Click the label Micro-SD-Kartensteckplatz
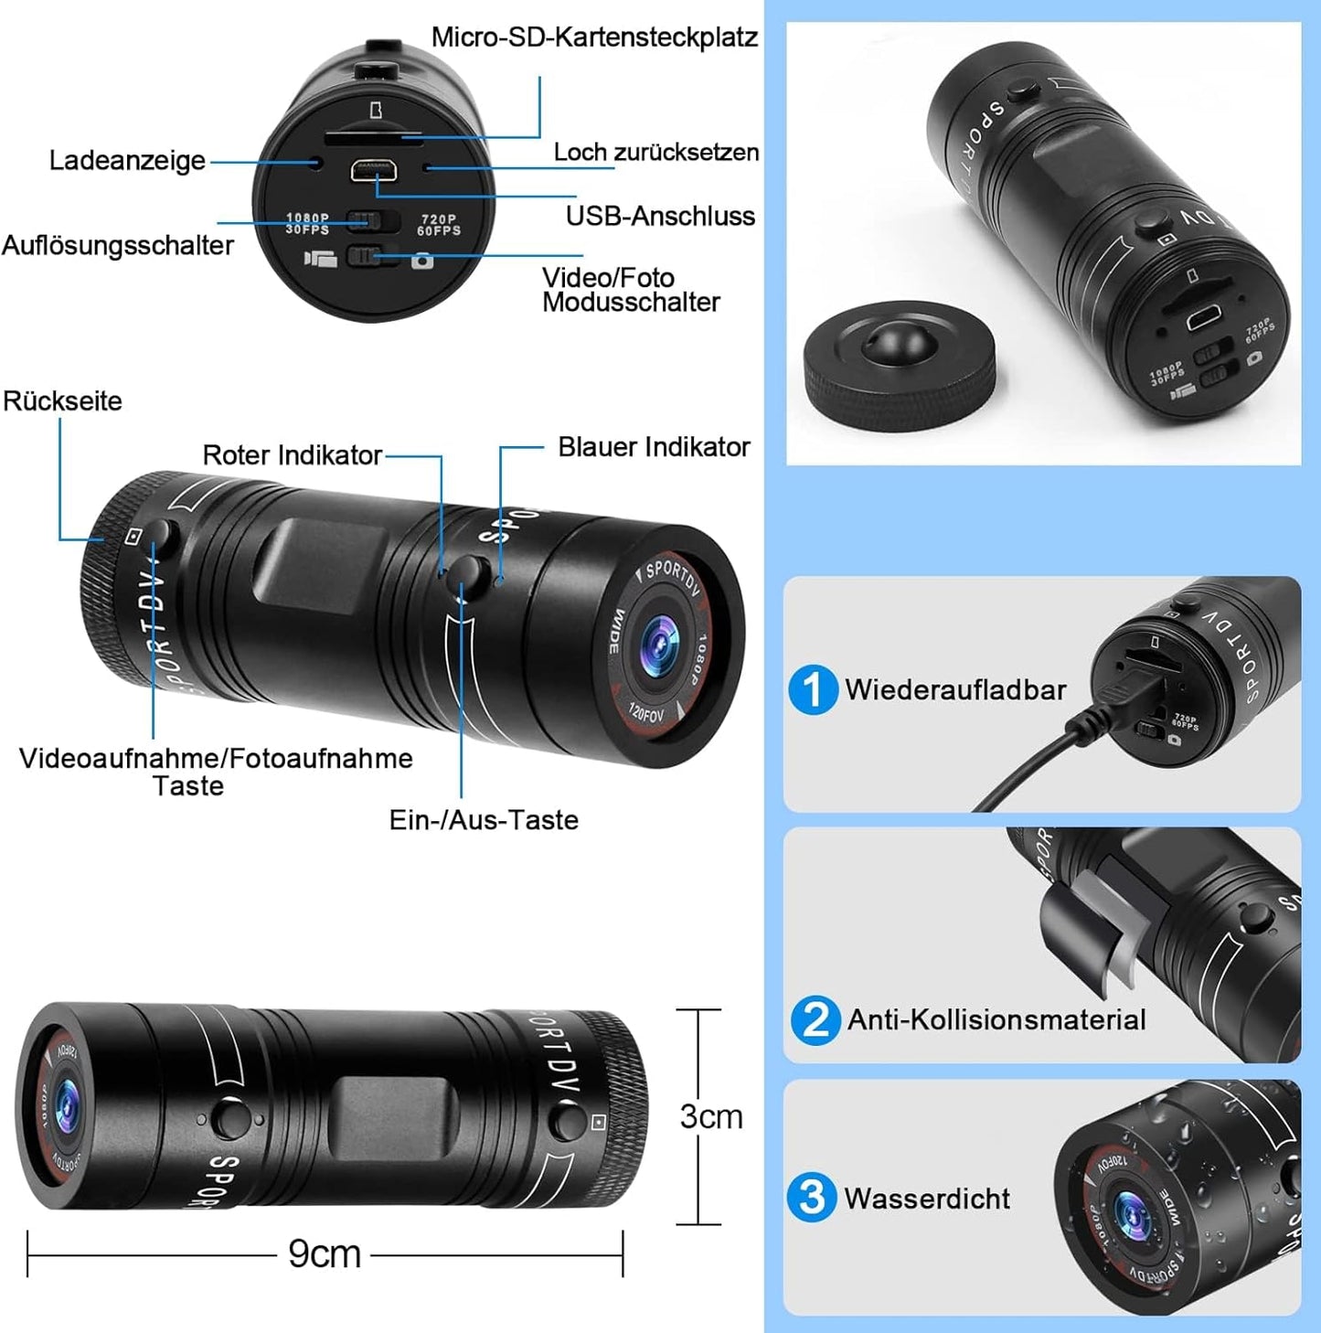pyautogui.click(x=594, y=37)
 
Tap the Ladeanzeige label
pyautogui.click(x=127, y=161)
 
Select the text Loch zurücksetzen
pyautogui.click(x=656, y=152)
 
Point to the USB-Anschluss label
pyautogui.click(x=660, y=217)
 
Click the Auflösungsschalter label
pyautogui.click(x=117, y=245)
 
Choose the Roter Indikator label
pyautogui.click(x=292, y=455)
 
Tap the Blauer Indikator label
pyautogui.click(x=654, y=447)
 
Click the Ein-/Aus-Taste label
pyautogui.click(x=484, y=820)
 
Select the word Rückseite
pyautogui.click(x=62, y=401)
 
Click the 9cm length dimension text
pyautogui.click(x=325, y=1253)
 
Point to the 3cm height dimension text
pyautogui.click(x=711, y=1116)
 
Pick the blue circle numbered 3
pyautogui.click(x=812, y=1198)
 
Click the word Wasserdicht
pyautogui.click(x=927, y=1199)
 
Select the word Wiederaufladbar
pyautogui.click(x=955, y=689)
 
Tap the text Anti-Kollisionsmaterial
pyautogui.click(x=996, y=1019)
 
